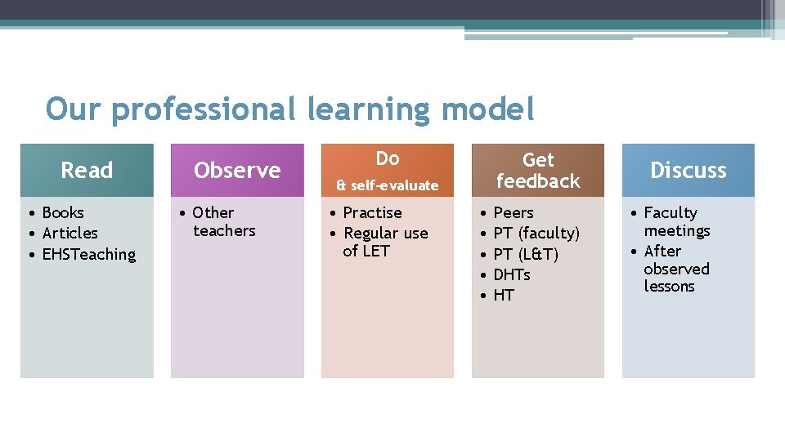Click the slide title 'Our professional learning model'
pyautogui.click(x=290, y=109)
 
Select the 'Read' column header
pyautogui.click(x=87, y=170)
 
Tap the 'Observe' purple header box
pyautogui.click(x=237, y=170)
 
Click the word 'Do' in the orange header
pyautogui.click(x=388, y=158)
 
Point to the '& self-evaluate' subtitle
pyautogui.click(x=388, y=185)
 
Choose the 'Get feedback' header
pyautogui.click(x=538, y=170)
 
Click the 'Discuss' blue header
pyautogui.click(x=689, y=170)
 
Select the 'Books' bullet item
pyautogui.click(x=63, y=212)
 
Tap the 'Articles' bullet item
pyautogui.click(x=70, y=233)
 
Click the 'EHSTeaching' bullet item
pyautogui.click(x=88, y=254)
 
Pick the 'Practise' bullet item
pyautogui.click(x=372, y=212)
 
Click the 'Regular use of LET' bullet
pyautogui.click(x=384, y=242)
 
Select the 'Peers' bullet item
pyautogui.click(x=514, y=212)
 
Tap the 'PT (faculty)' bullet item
pyautogui.click(x=536, y=233)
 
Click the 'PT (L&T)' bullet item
pyautogui.click(x=526, y=254)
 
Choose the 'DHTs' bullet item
pyautogui.click(x=512, y=274)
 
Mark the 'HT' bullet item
pyautogui.click(x=504, y=295)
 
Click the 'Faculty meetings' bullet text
pyautogui.click(x=675, y=221)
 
